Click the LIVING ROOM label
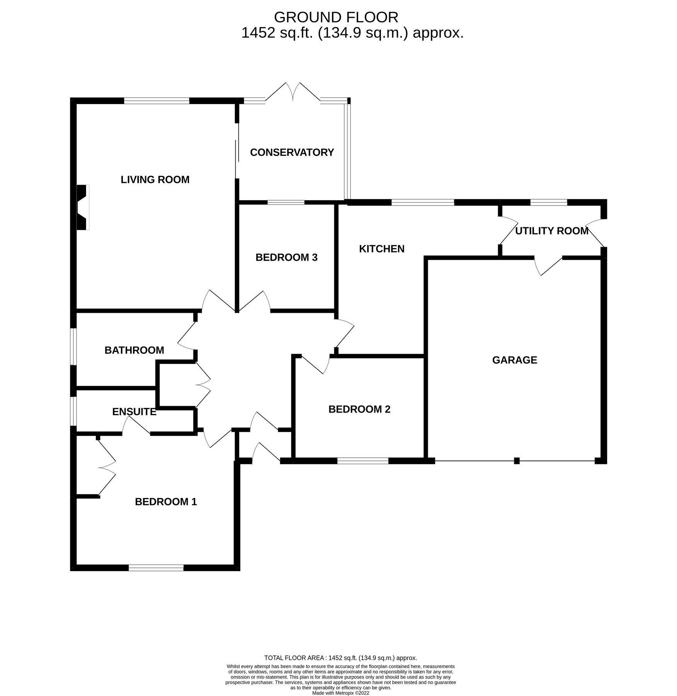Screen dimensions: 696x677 pos(155,180)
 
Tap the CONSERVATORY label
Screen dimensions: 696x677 pos(292,152)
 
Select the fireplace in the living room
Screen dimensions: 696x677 pos(82,208)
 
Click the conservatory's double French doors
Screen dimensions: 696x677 pos(293,92)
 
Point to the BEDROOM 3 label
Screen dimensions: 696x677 pos(286,258)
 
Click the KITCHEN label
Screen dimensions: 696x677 pos(381,249)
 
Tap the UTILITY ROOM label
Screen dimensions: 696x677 pos(551,231)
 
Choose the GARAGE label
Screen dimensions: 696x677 pos(514,360)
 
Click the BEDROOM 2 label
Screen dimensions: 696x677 pos(359,409)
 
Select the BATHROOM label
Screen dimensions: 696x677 pos(134,350)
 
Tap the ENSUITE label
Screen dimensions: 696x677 pos(134,412)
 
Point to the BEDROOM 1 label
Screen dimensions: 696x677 pos(166,502)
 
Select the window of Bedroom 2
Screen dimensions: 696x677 pos(362,461)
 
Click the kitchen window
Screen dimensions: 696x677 pos(422,202)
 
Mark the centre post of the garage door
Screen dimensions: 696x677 pos(517,461)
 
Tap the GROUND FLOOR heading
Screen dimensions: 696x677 pos(335,17)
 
